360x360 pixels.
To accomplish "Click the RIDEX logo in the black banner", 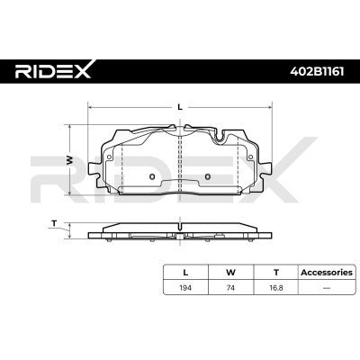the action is [x=53, y=71].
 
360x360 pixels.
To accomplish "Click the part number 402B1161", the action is [x=317, y=71].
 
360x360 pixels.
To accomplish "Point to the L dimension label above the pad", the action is [x=180, y=107].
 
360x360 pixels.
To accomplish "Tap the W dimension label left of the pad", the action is [x=69, y=160].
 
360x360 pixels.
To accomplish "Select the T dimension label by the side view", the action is [x=54, y=223].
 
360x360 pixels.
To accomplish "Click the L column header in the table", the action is [x=185, y=273].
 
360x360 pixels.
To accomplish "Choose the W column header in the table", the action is [x=230, y=273].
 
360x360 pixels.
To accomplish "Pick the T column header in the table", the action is [x=276, y=273].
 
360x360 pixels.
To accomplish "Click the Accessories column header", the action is [x=327, y=273].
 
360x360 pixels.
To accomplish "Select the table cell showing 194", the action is [x=185, y=288].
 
